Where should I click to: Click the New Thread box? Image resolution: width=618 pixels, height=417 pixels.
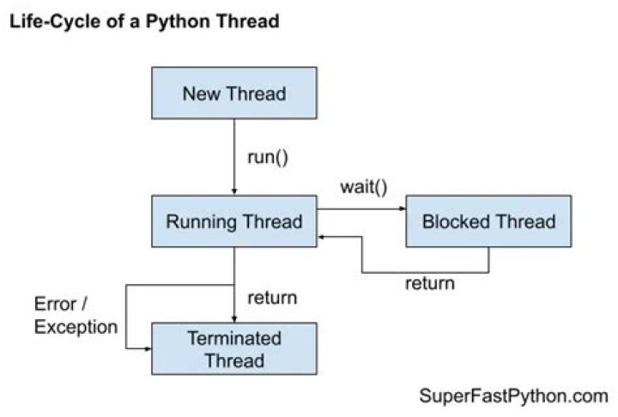pyautogui.click(x=234, y=93)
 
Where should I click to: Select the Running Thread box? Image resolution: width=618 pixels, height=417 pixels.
pyautogui.click(x=234, y=222)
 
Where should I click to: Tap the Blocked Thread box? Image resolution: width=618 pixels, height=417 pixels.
pyautogui.click(x=488, y=222)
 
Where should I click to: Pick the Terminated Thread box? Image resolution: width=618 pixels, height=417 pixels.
pyautogui.click(x=234, y=348)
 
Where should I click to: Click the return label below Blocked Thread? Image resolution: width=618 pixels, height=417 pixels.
pyautogui.click(x=429, y=283)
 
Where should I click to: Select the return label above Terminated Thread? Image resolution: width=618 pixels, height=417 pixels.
pyautogui.click(x=272, y=299)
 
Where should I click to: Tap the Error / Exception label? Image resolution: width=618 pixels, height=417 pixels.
pyautogui.click(x=76, y=315)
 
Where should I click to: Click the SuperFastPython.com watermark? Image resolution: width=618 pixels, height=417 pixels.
pyautogui.click(x=513, y=396)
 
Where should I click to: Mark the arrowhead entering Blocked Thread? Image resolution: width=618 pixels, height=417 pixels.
pyautogui.click(x=402, y=208)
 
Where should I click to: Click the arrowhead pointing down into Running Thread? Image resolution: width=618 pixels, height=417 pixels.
pyautogui.click(x=234, y=191)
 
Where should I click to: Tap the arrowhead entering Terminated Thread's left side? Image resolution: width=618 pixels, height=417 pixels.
pyautogui.click(x=148, y=348)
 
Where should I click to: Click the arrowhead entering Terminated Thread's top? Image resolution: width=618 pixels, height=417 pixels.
pyautogui.click(x=234, y=318)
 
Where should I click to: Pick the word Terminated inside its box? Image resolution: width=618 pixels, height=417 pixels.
pyautogui.click(x=234, y=338)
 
